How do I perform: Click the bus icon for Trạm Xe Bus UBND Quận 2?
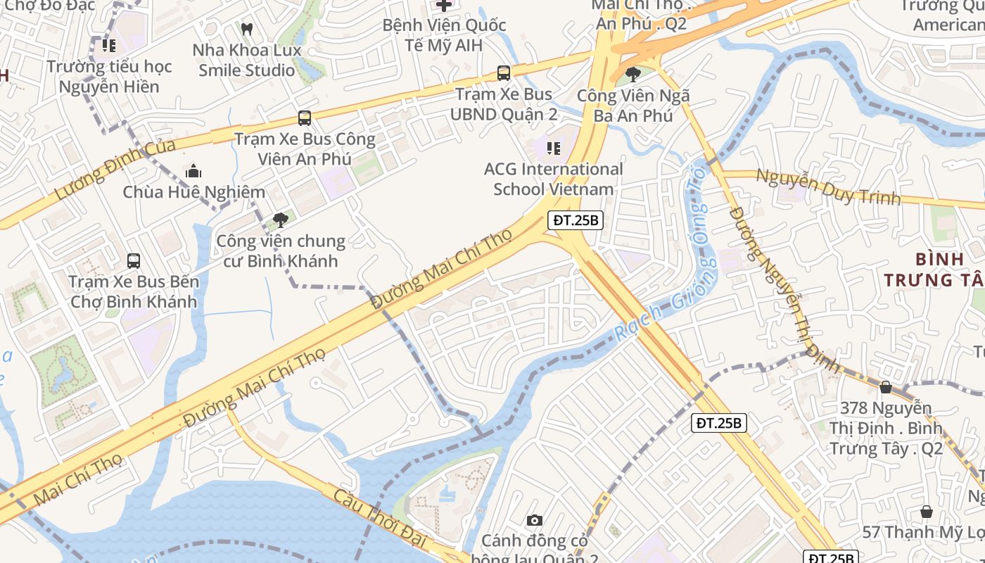(x=504, y=72)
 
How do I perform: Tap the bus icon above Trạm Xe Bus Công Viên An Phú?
(x=305, y=118)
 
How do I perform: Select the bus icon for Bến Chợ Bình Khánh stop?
(x=134, y=261)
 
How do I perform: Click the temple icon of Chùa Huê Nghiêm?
(x=193, y=171)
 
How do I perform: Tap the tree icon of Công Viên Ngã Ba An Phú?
(x=633, y=74)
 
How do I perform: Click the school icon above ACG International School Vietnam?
(x=554, y=148)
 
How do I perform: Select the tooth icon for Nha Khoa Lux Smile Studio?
(x=247, y=30)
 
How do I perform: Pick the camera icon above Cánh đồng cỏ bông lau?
(x=535, y=521)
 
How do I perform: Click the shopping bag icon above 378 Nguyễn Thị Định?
(x=886, y=387)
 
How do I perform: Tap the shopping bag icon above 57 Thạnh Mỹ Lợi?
(x=927, y=512)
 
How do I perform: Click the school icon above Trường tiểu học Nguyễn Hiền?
(x=109, y=46)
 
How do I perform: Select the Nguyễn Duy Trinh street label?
(x=828, y=186)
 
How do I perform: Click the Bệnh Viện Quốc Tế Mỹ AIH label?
(x=444, y=35)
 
